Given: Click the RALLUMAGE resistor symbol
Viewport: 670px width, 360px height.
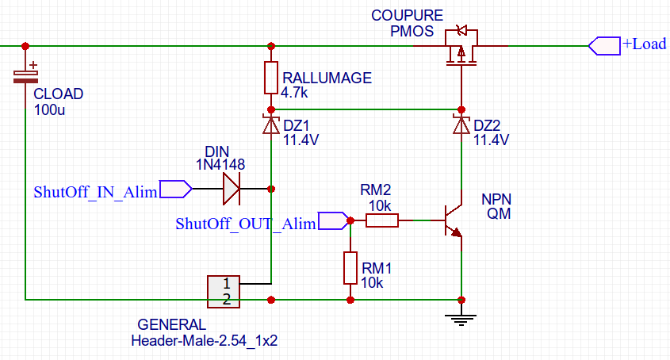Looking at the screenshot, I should pyautogui.click(x=271, y=77).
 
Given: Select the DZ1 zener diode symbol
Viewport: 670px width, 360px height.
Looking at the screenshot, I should pyautogui.click(x=271, y=124).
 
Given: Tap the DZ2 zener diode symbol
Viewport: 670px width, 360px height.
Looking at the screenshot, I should pyautogui.click(x=461, y=124).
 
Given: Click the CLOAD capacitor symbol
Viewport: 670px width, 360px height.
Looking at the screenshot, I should pyautogui.click(x=25, y=75).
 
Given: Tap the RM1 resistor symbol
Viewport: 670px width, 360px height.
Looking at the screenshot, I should pyautogui.click(x=350, y=267).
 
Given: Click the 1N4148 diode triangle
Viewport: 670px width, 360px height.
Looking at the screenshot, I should pyautogui.click(x=231, y=189).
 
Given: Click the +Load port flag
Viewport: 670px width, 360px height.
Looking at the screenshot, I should pyautogui.click(x=603, y=45).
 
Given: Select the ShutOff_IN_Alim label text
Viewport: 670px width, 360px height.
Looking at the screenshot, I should pyautogui.click(x=95, y=191).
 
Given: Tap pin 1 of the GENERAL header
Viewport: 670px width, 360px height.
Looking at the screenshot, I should pyautogui.click(x=227, y=283).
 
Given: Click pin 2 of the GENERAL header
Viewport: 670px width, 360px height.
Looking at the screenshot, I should pyautogui.click(x=227, y=299).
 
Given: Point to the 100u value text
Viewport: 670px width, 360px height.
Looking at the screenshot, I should pyautogui.click(x=50, y=109).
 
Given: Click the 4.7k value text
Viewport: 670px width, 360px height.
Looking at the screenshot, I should pyautogui.click(x=294, y=92).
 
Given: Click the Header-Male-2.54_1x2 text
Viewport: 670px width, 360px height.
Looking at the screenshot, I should pyautogui.click(x=205, y=342).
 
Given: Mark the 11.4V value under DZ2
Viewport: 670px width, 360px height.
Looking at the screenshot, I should pyautogui.click(x=491, y=140).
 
